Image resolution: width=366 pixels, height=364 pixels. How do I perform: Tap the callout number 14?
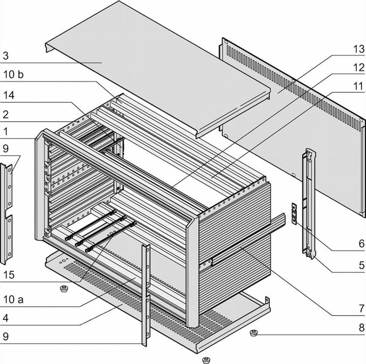[x=9, y=95]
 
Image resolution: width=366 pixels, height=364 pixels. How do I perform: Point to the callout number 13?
[x=359, y=49]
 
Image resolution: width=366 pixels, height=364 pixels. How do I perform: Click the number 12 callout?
[x=359, y=67]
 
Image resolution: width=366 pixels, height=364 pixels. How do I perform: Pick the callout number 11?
[x=359, y=87]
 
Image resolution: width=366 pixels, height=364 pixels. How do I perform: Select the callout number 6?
[x=361, y=244]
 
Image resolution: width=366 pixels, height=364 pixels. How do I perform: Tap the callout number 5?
[x=361, y=265]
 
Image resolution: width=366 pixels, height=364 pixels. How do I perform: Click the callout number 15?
[x=9, y=275]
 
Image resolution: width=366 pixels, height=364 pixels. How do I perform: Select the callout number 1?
[x=6, y=131]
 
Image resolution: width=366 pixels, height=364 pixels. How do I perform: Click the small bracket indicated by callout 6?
[x=293, y=213]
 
